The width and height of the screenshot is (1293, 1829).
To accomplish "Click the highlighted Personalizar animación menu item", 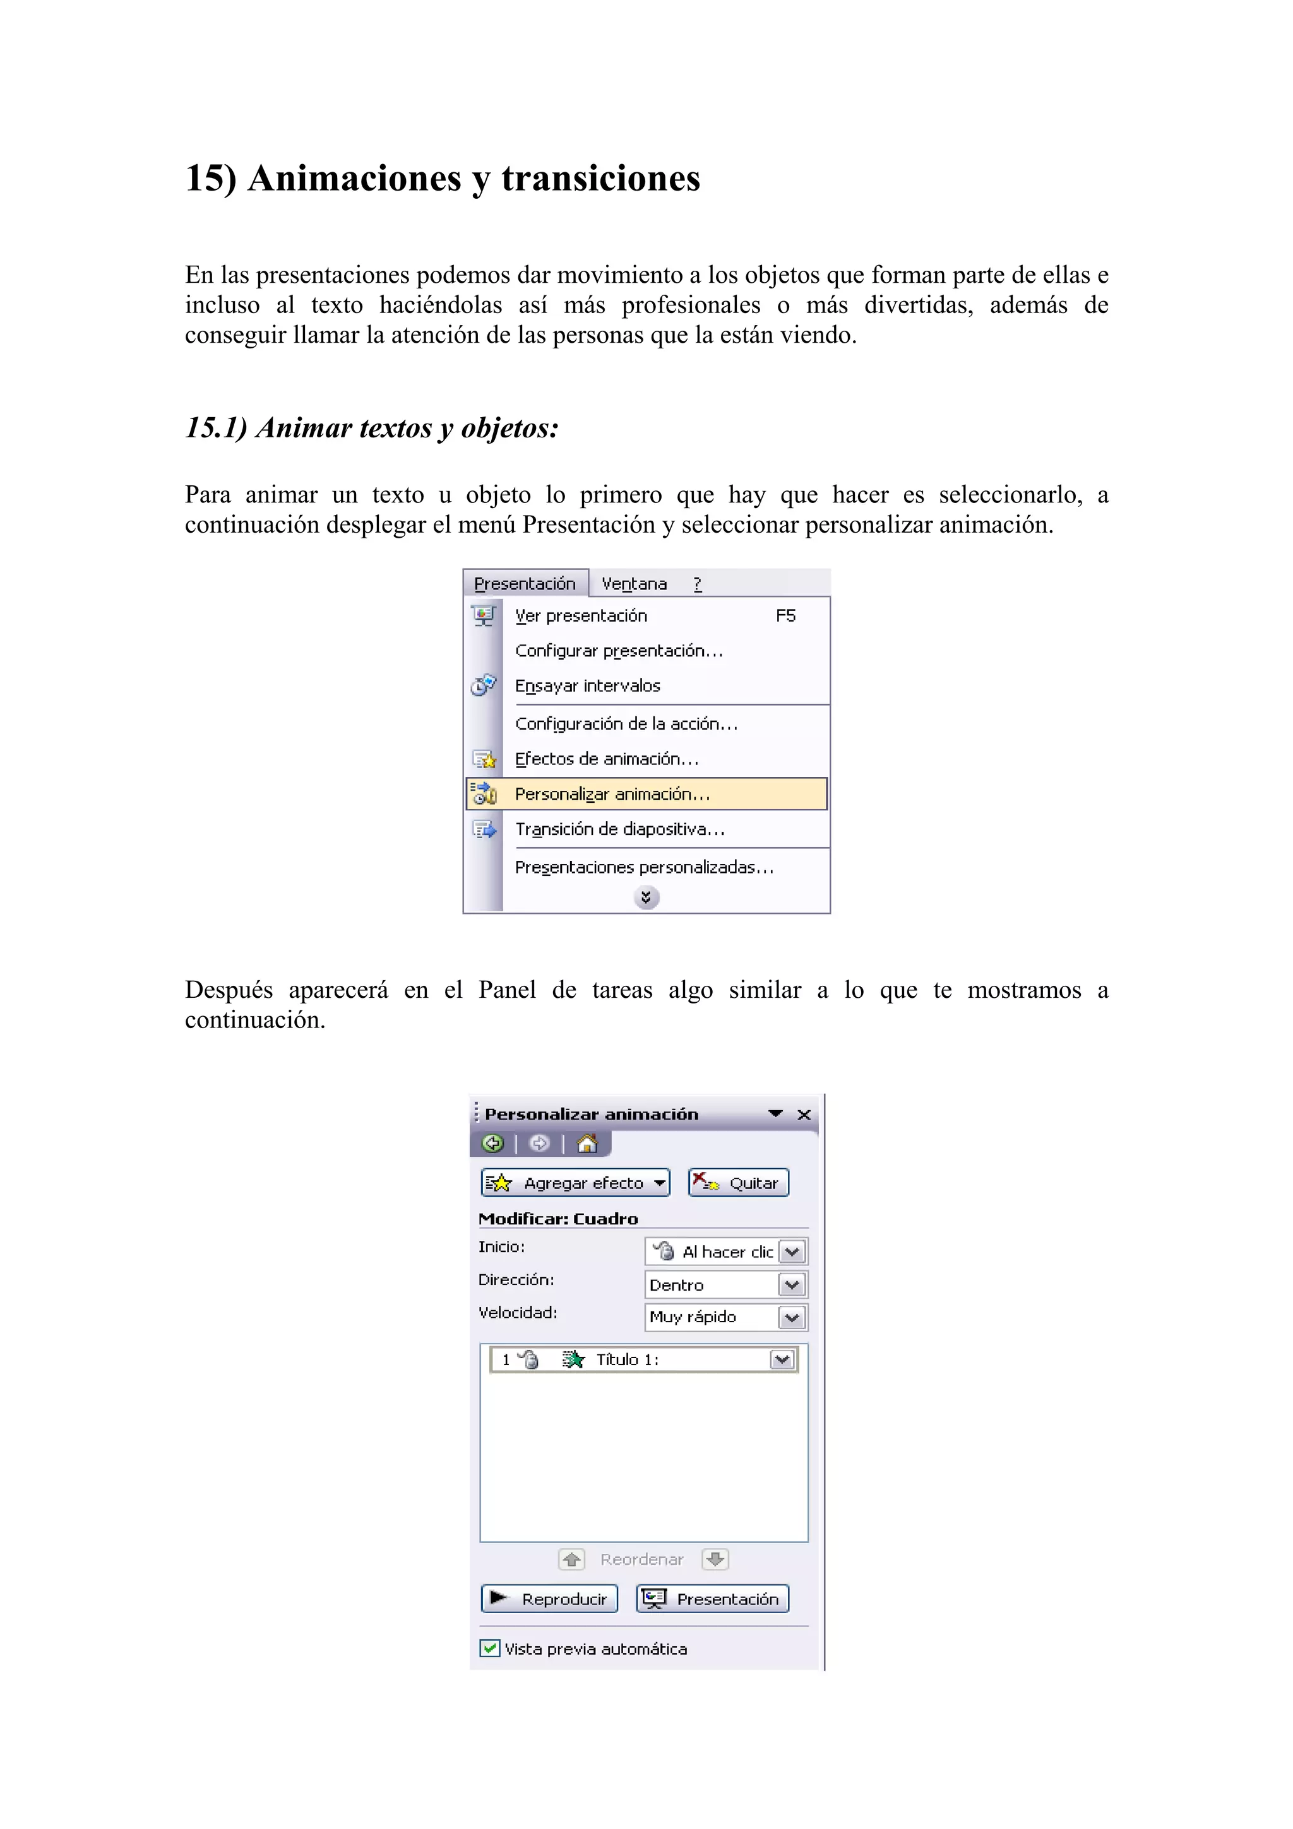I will click(612, 793).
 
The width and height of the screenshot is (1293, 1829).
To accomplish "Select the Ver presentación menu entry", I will click(581, 616).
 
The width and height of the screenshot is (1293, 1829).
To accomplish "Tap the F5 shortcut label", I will click(785, 616).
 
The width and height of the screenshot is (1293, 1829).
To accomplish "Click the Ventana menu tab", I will click(634, 584).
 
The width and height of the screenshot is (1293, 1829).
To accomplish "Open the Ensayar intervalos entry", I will click(587, 686).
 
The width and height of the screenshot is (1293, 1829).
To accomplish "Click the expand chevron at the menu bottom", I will click(646, 897).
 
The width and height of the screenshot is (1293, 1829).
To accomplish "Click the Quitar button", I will click(739, 1183).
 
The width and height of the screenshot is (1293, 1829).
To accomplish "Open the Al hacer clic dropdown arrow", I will click(792, 1252).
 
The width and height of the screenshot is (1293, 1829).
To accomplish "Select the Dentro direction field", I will click(711, 1285).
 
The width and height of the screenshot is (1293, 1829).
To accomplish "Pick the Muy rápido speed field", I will click(711, 1318).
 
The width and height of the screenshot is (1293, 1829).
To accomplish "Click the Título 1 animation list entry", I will click(628, 1360).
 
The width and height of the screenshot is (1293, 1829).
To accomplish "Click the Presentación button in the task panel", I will click(712, 1599).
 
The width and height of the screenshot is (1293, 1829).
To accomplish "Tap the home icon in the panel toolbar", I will click(587, 1144).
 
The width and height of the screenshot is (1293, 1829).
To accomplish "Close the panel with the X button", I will click(804, 1115).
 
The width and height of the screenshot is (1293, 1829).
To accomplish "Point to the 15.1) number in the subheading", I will click(216, 428).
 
